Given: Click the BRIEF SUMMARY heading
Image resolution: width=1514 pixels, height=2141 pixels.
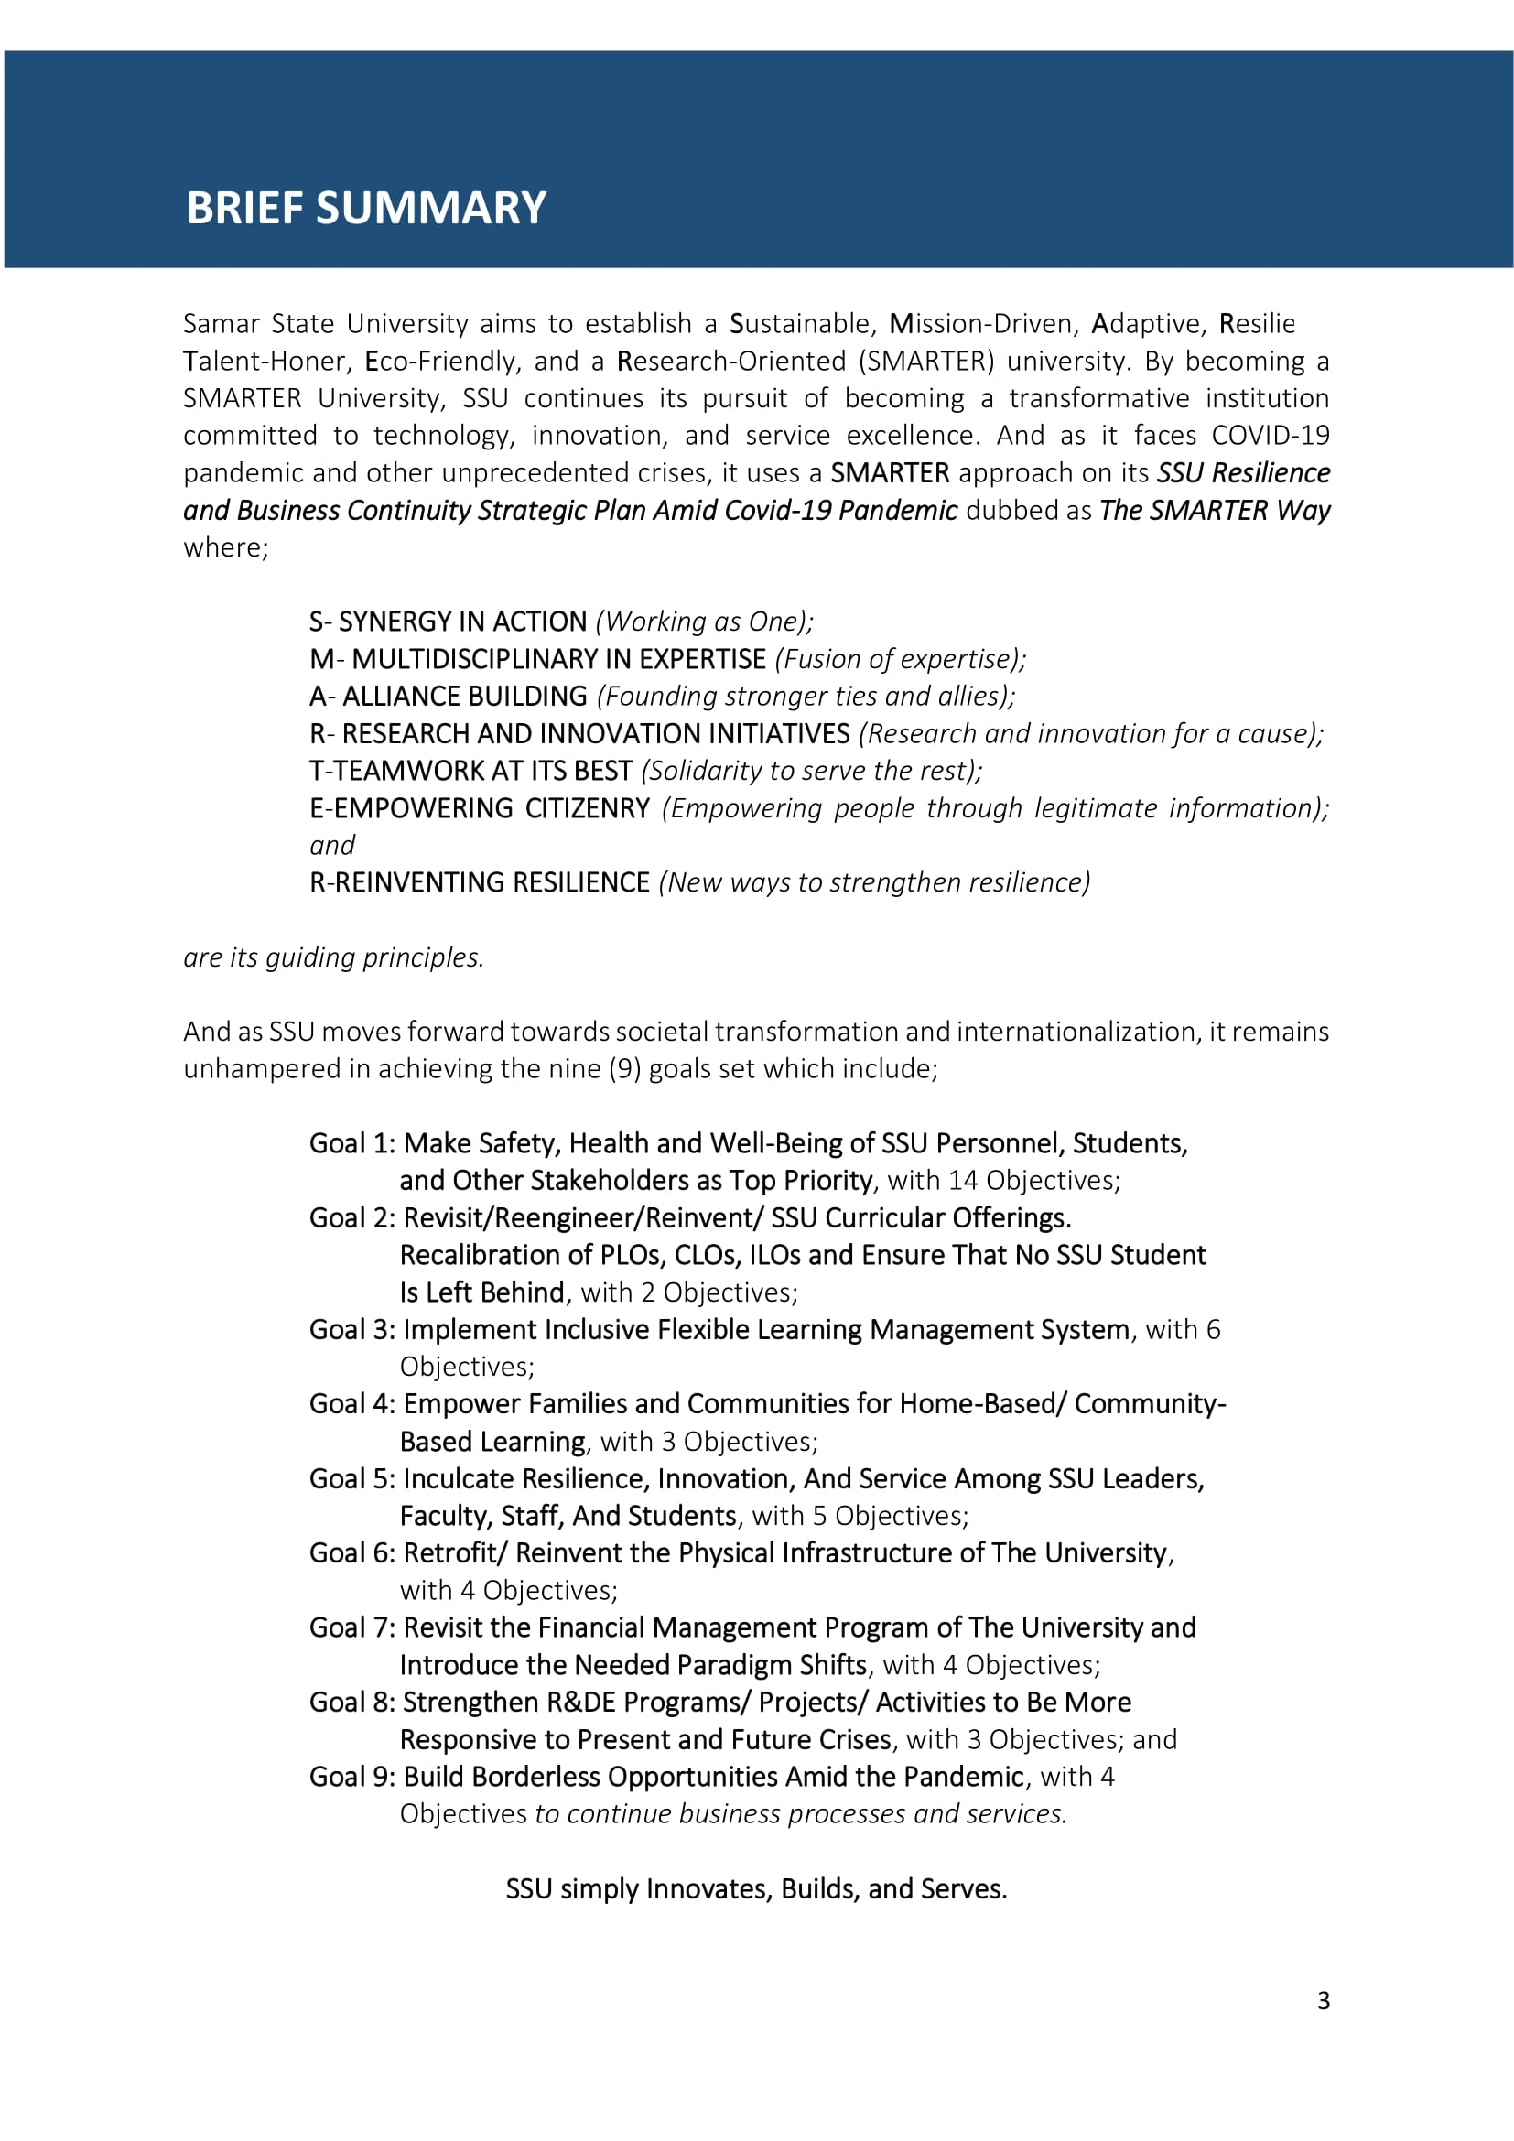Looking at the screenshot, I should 365,208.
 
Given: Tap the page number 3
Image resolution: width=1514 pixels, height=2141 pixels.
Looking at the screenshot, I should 1323,2000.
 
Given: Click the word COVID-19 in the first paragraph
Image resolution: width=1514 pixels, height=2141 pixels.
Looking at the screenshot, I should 1270,436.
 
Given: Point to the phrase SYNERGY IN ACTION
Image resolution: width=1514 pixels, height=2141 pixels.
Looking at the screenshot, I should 462,622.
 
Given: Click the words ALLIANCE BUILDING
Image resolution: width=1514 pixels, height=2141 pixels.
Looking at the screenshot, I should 464,697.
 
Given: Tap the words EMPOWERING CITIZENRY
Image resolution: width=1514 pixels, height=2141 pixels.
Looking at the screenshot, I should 492,808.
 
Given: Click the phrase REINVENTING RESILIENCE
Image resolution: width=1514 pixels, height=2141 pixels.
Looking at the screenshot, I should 492,883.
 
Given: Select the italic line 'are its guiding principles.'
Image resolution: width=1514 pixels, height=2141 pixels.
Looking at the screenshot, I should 334,957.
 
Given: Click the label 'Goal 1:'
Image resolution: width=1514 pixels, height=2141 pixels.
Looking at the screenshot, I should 352,1144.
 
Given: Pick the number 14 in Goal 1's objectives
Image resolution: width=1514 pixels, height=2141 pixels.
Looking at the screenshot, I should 962,1181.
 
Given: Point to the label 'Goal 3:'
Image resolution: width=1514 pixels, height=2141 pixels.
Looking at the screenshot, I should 352,1330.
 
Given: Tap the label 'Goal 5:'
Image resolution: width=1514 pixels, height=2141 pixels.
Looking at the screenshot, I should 352,1479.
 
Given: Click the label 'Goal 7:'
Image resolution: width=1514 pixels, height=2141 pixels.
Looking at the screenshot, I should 352,1628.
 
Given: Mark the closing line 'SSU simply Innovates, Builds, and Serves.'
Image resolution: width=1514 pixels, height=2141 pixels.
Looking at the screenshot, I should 756,1889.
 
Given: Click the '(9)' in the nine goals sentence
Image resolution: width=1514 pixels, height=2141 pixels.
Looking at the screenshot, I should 624,1068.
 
